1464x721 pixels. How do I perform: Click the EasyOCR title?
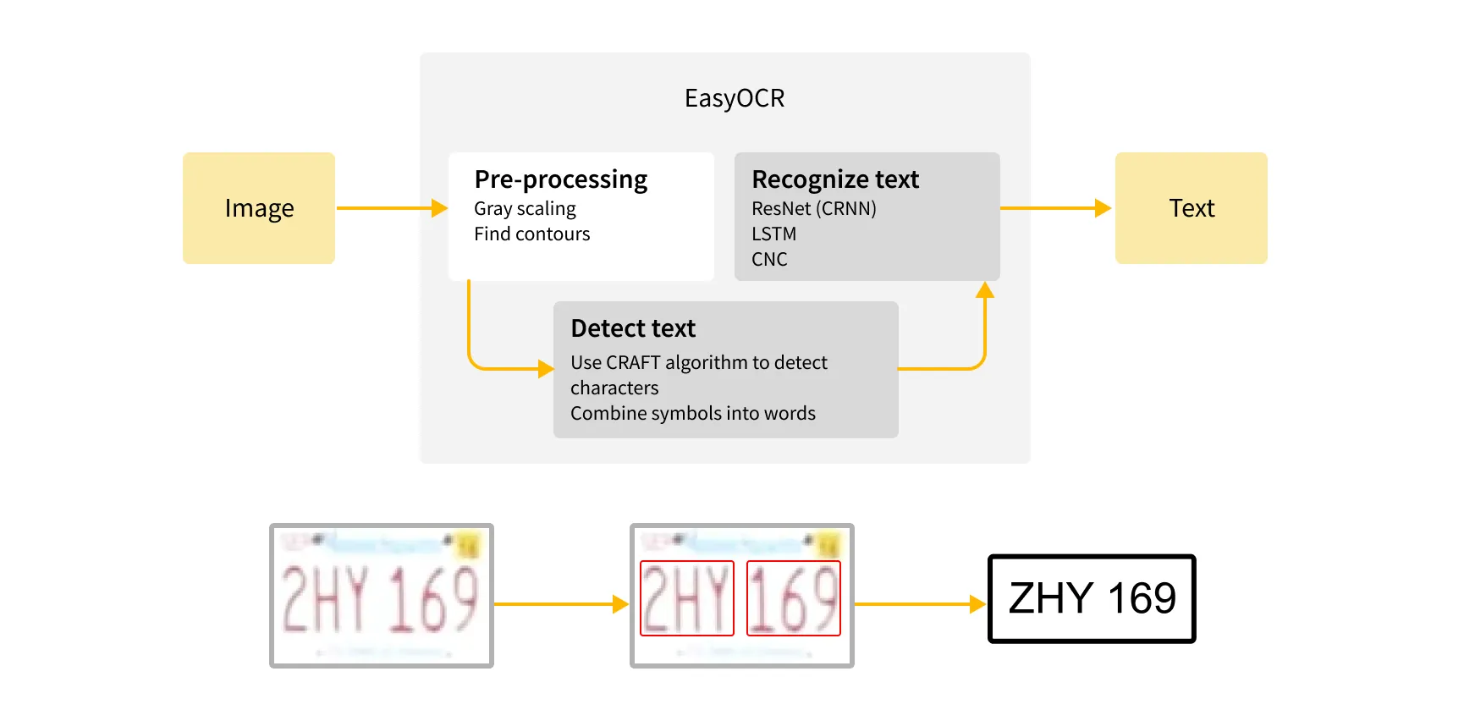point(734,98)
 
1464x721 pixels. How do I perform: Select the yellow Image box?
point(259,208)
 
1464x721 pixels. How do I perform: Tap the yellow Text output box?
point(1191,208)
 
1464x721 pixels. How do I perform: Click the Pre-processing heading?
point(560,179)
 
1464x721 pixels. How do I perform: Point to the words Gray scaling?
point(525,208)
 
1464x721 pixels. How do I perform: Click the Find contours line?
point(531,234)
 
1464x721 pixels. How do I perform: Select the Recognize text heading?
point(834,179)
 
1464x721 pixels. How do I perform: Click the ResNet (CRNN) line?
point(813,208)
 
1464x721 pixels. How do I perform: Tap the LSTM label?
point(773,234)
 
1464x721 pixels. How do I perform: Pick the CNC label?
point(769,259)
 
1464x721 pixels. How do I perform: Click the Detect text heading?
point(632,328)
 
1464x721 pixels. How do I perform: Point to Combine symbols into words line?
point(692,413)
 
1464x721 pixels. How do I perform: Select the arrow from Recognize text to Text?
point(1054,208)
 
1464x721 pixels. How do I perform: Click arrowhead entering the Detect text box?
point(546,369)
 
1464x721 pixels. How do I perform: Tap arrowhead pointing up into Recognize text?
point(984,290)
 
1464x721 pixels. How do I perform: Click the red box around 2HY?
point(686,598)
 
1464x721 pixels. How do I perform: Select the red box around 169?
point(793,598)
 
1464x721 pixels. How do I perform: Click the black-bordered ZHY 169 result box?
point(1092,598)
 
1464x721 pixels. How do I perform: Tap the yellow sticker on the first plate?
point(467,544)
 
